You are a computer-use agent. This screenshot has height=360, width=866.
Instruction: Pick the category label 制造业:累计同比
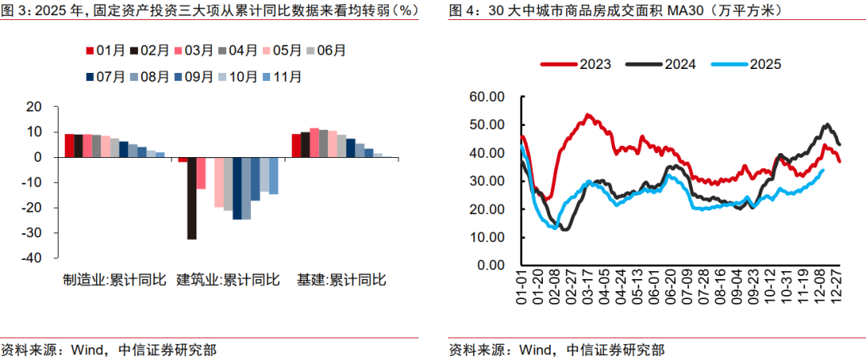(115, 281)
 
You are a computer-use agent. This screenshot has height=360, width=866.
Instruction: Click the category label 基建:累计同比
(342, 281)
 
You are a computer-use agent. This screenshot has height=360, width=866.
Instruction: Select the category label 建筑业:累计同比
(228, 281)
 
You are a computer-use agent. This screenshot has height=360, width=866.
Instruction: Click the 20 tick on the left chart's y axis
(33, 107)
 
